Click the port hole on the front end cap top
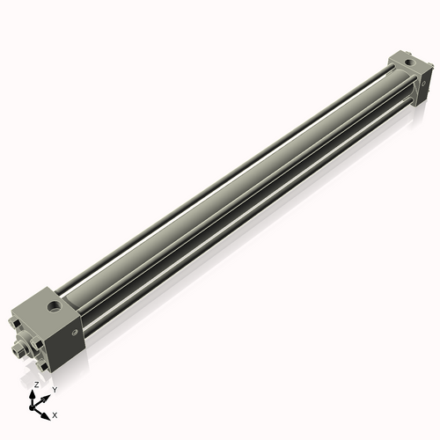click(x=55, y=309)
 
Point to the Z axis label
click(x=36, y=385)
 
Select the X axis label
click(x=55, y=414)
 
